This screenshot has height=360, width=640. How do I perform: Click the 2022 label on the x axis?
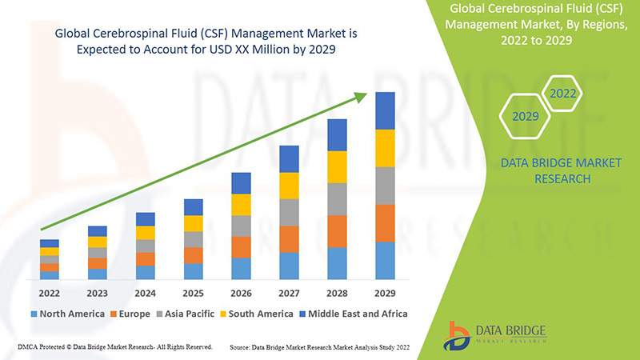point(50,293)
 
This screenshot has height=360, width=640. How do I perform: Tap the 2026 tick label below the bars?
point(241,293)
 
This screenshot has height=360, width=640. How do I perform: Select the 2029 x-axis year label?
point(385,293)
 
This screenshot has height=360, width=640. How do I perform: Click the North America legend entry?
point(68,314)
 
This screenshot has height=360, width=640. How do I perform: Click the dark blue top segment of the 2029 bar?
point(385,110)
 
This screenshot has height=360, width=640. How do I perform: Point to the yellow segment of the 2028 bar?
point(337,166)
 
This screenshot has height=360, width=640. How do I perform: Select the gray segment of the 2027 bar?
point(289,212)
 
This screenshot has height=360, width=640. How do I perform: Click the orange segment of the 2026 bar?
point(241,246)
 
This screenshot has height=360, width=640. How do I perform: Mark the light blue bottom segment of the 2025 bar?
point(193,271)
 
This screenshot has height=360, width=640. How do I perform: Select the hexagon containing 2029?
point(526,117)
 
